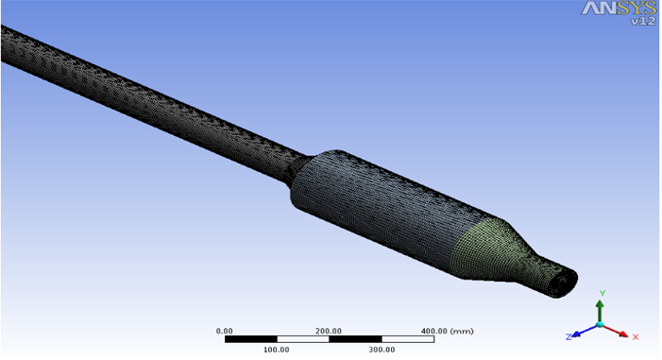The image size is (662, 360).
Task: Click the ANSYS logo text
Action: [620, 8]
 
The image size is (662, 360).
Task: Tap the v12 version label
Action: [643, 21]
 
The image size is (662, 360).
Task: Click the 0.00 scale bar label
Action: [224, 331]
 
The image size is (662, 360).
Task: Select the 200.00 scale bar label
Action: [329, 331]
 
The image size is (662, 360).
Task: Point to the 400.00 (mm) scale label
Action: [447, 331]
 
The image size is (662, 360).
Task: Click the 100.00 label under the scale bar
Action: [277, 350]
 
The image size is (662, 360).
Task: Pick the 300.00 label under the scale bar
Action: [382, 350]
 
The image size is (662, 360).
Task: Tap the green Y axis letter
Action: [603, 293]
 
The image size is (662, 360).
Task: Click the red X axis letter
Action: [636, 336]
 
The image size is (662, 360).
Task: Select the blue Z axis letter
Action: [569, 336]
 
